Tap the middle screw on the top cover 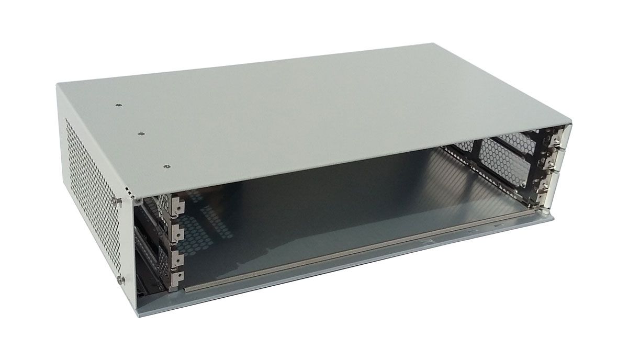tap(140, 134)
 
